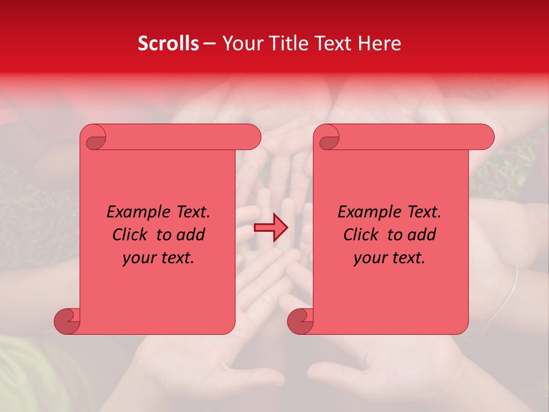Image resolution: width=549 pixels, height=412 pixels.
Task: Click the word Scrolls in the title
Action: click(x=168, y=43)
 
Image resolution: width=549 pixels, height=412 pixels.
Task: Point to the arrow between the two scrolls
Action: click(x=270, y=228)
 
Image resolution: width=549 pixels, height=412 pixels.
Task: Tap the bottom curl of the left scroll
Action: click(x=67, y=320)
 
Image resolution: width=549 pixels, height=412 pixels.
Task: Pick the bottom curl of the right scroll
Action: click(x=300, y=320)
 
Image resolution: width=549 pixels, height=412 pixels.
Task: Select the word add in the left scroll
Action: click(x=190, y=235)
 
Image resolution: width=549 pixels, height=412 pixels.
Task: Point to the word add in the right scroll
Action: click(x=421, y=235)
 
